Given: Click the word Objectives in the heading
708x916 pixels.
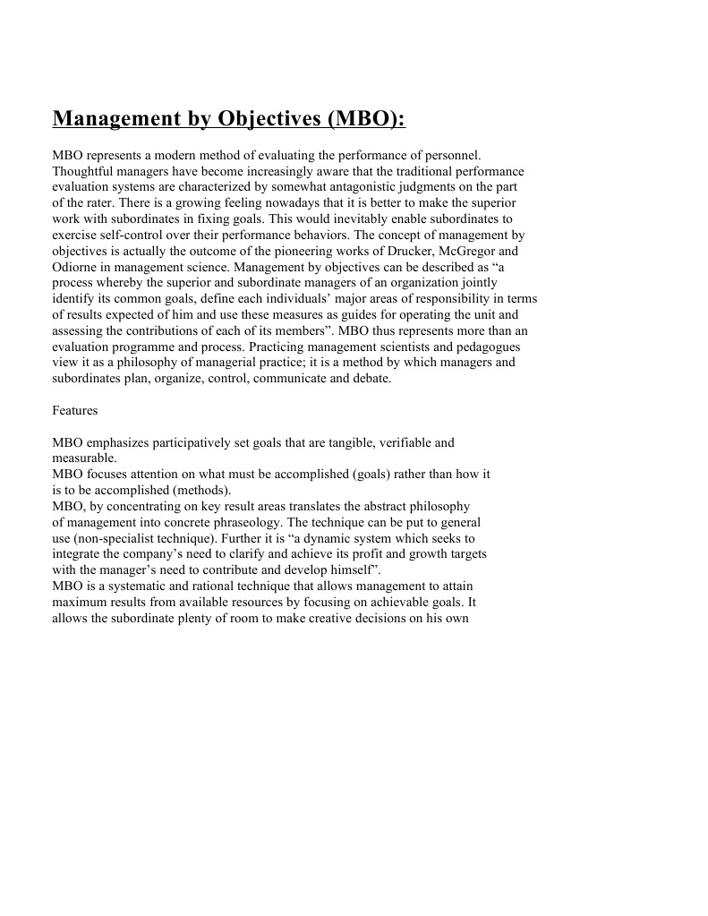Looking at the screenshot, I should coord(243,119).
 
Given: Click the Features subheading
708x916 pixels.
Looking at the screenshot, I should coord(75,410).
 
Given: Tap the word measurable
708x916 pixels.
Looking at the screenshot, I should coord(84,458).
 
